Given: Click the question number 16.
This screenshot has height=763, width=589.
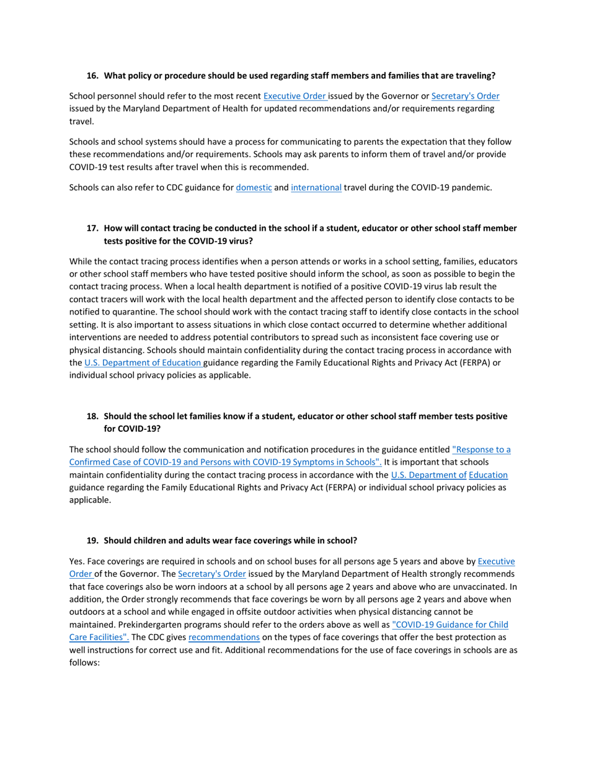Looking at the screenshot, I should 92,76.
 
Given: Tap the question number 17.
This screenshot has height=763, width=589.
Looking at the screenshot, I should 92,228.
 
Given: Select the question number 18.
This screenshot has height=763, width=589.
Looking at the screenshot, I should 92,416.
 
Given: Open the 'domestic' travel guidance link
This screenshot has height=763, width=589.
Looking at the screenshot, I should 254,187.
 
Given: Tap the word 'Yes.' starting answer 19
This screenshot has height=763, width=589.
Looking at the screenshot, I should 77,561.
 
